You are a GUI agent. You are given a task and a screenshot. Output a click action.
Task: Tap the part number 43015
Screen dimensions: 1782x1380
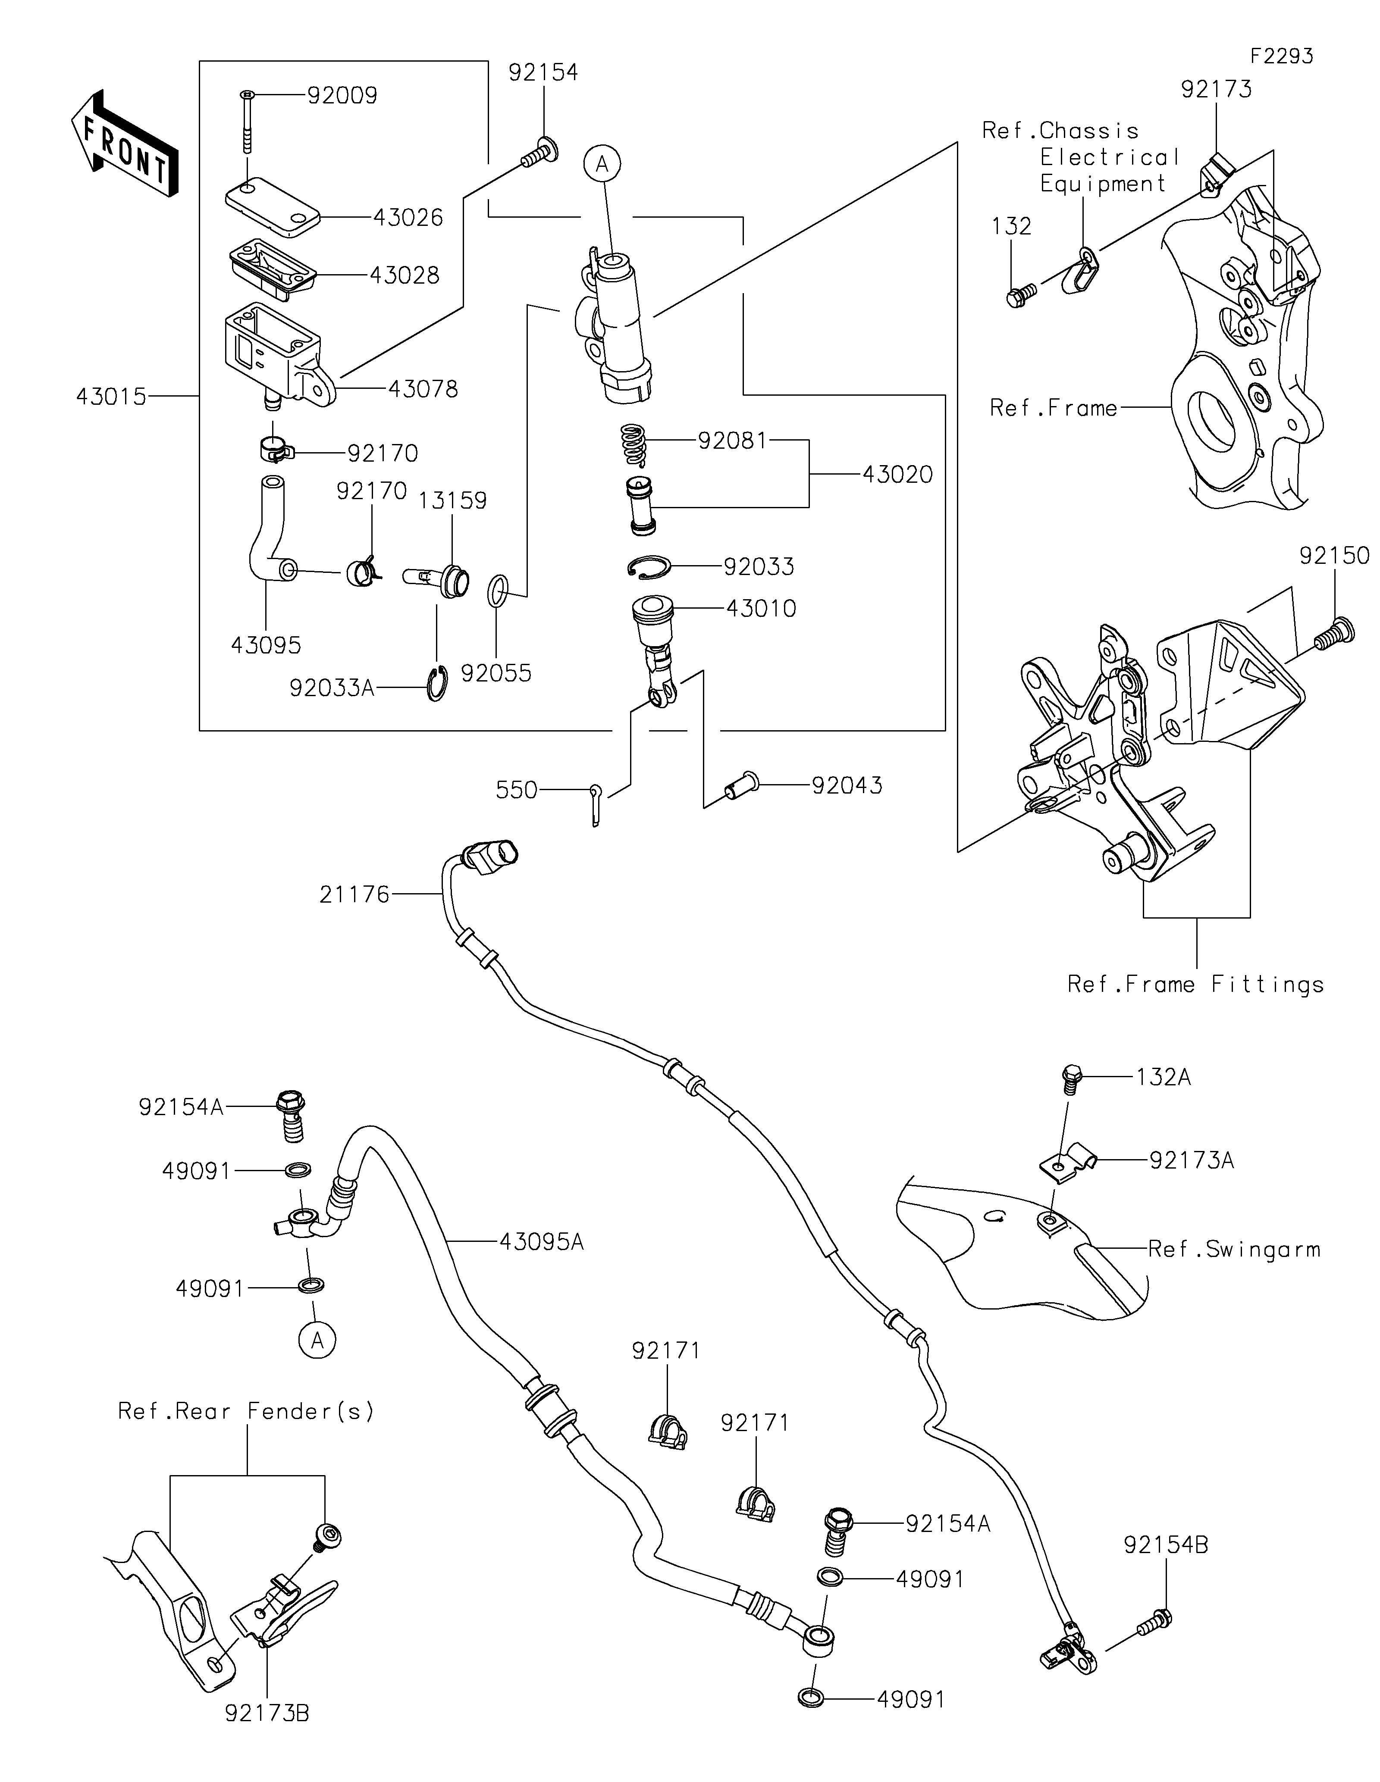pos(111,397)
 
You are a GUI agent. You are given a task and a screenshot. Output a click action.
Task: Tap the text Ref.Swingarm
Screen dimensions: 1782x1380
pos(1234,1249)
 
